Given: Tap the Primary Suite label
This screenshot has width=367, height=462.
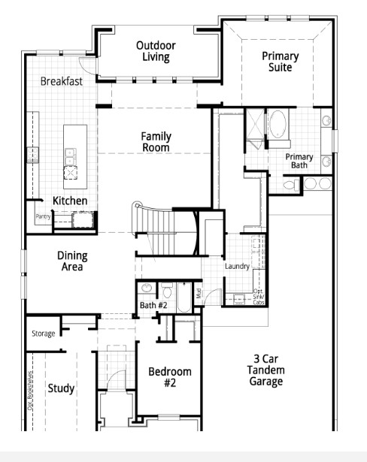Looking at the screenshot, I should click(x=280, y=62).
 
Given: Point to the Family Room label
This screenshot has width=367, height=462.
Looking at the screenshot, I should click(x=156, y=142).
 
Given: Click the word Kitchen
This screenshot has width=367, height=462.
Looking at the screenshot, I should click(x=70, y=201).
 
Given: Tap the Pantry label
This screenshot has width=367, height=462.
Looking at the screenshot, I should click(x=43, y=216).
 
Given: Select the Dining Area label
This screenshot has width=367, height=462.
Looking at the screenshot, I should click(x=71, y=261).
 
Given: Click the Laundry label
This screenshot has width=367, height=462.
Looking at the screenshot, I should click(x=237, y=266).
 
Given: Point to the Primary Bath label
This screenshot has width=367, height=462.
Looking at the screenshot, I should click(x=299, y=161).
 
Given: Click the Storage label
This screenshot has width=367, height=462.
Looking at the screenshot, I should click(x=43, y=333).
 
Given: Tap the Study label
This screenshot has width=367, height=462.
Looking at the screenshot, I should click(x=61, y=388).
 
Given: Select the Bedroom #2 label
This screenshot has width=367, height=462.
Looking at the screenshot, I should click(x=169, y=376).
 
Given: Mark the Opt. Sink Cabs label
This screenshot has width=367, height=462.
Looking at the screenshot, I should click(x=258, y=296).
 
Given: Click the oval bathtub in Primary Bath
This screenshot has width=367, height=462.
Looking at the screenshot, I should click(x=278, y=123).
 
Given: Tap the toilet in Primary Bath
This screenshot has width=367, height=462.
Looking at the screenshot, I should click(x=290, y=183).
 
